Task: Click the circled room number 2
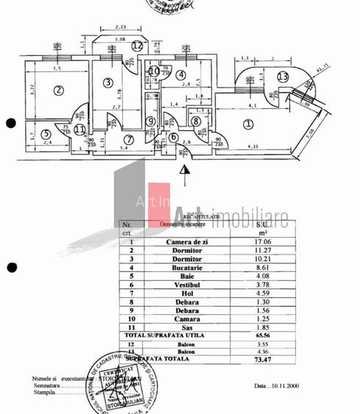click(58, 91)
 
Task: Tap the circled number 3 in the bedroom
click(107, 82)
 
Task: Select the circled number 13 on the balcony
click(283, 76)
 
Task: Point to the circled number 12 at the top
click(138, 45)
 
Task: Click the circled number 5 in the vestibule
click(46, 134)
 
